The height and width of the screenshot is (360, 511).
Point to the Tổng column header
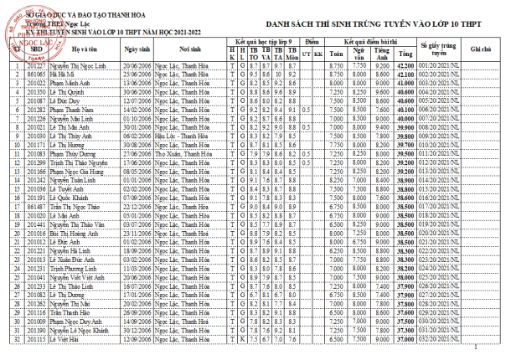(405, 49)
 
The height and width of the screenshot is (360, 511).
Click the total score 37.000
(405, 340)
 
